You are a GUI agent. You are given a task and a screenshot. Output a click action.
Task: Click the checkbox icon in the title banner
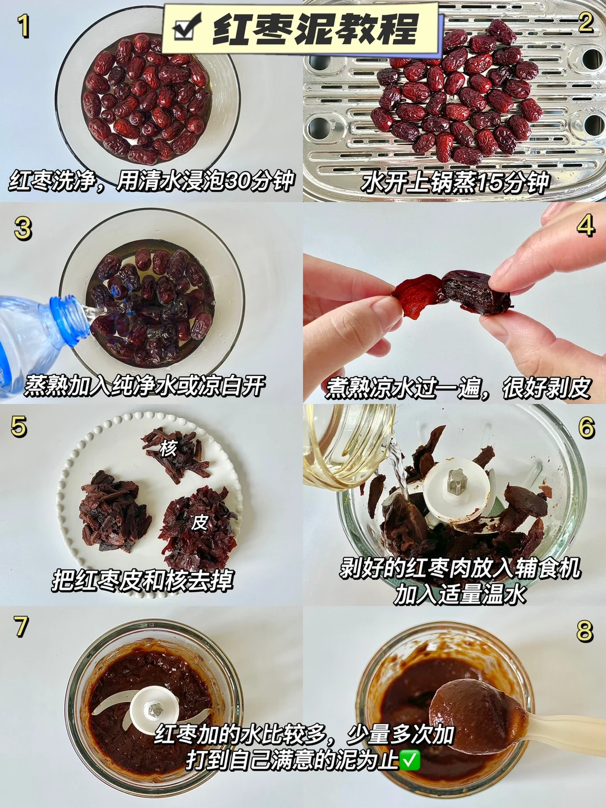(187, 26)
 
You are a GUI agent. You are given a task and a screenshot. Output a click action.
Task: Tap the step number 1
(23, 26)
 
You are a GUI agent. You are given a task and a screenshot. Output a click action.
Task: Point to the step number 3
(23, 228)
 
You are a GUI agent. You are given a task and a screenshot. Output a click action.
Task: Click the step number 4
(585, 225)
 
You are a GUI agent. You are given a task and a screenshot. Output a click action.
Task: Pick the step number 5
(19, 426)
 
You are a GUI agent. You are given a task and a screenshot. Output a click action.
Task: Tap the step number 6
(586, 428)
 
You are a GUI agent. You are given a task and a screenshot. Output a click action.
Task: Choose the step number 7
(21, 627)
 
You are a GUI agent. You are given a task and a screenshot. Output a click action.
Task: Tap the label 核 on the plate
(168, 448)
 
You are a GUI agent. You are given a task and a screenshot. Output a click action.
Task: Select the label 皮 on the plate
(199, 521)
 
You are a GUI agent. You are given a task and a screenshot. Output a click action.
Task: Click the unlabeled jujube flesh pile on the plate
(114, 512)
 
